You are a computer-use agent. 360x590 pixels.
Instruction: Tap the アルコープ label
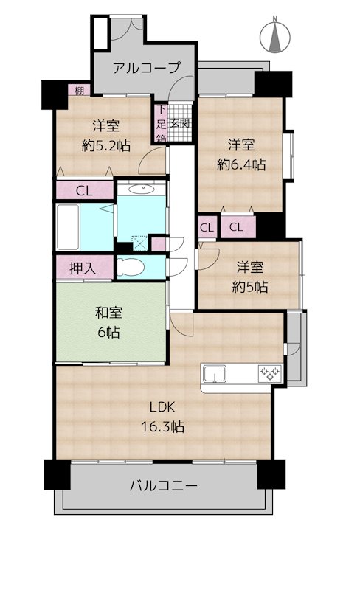point(146,68)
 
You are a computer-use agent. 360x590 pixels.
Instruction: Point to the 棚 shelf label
point(78,91)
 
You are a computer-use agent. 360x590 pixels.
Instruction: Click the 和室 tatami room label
point(108,312)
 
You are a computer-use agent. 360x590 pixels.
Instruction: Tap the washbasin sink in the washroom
point(141,189)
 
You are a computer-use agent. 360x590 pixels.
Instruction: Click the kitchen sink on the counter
point(215,374)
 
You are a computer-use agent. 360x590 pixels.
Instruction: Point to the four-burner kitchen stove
point(269,374)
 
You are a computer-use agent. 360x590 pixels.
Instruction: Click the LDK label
point(162,408)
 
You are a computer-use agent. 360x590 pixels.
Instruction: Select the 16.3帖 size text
point(162,426)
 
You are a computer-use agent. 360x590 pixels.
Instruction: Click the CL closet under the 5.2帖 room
point(84,190)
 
